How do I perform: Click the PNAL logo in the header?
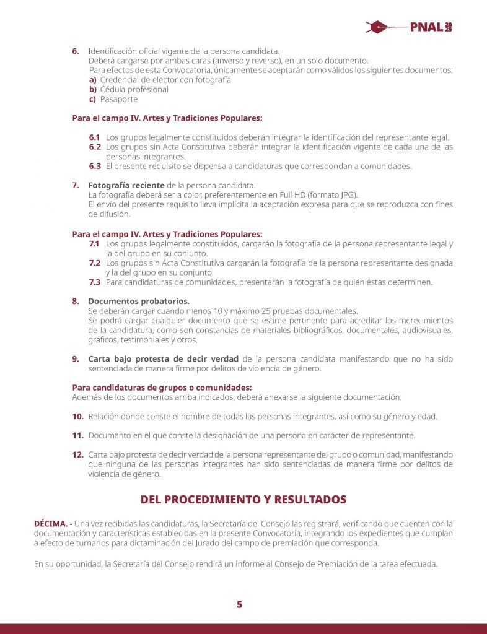409,27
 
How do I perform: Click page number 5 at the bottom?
239,604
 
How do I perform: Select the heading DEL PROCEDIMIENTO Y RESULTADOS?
243,499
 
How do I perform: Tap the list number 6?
76,50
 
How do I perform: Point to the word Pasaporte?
118,99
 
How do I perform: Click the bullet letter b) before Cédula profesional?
93,89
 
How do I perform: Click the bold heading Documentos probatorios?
139,301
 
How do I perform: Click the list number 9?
76,358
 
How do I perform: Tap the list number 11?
77,435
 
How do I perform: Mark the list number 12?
77,454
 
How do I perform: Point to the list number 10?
77,416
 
